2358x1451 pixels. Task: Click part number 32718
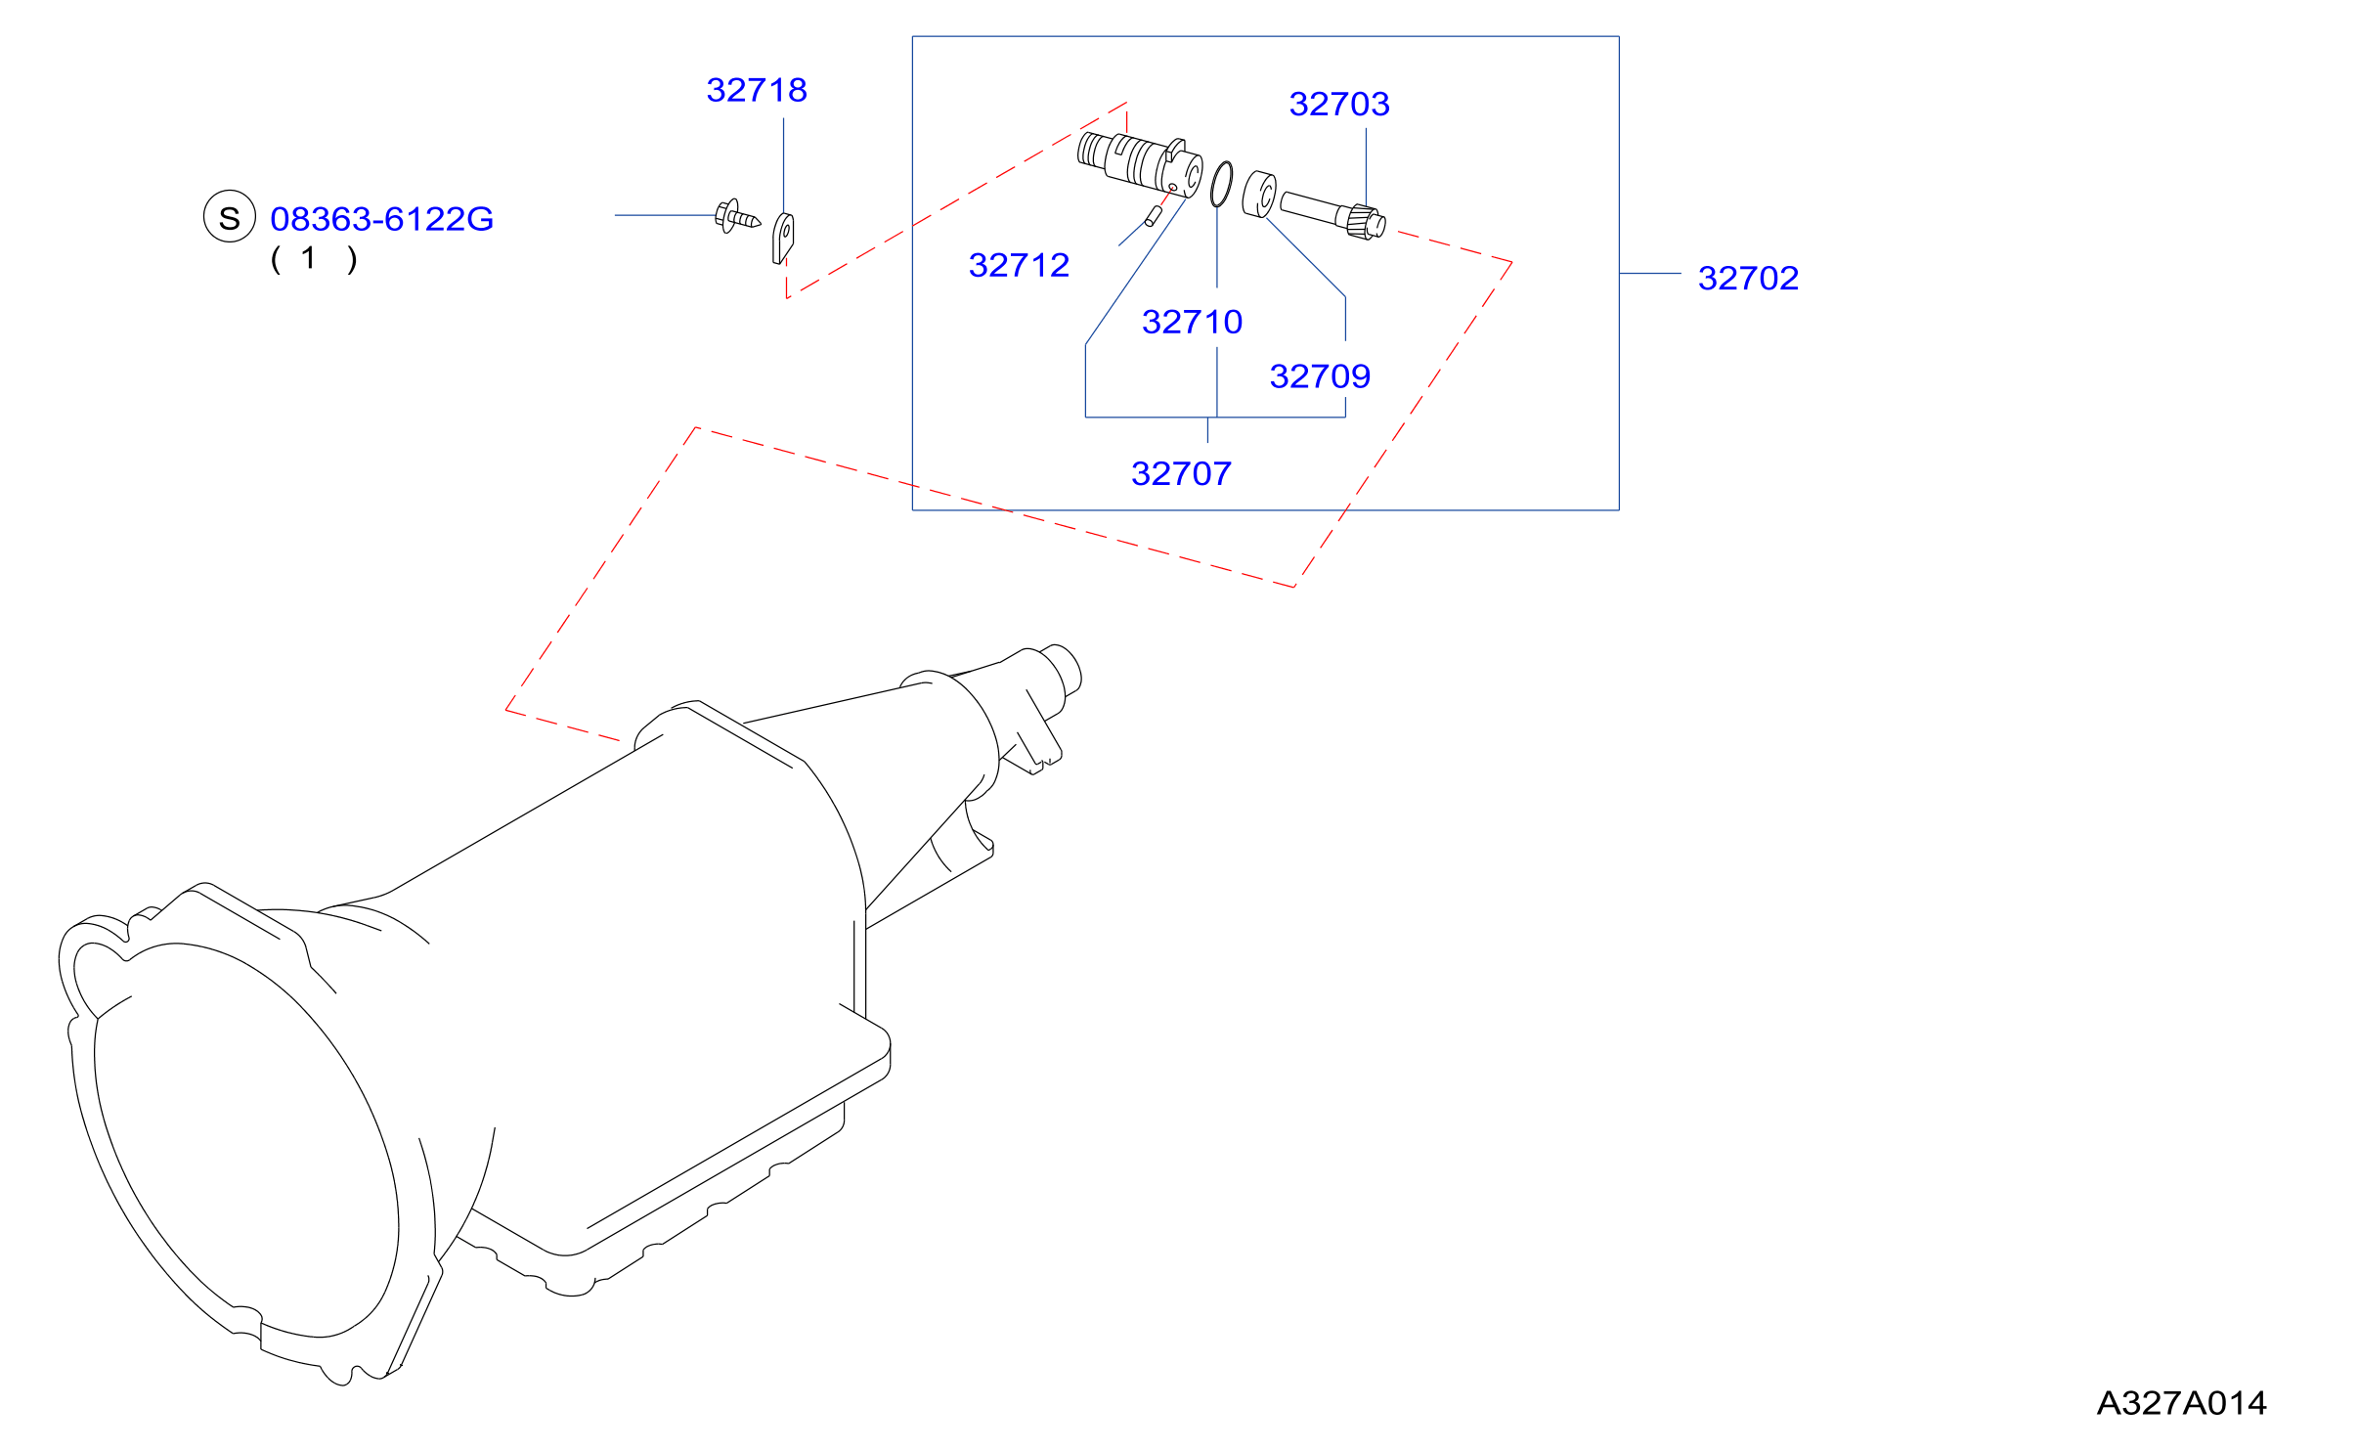[757, 90]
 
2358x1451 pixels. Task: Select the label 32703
[1339, 104]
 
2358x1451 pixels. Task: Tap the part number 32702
[1748, 278]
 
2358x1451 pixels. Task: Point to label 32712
[1019, 265]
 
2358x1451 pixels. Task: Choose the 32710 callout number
[1192, 322]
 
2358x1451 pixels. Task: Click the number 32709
[1320, 376]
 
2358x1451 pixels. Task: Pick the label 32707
[1181, 473]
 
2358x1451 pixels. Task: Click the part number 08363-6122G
[381, 219]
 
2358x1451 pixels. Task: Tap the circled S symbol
[229, 216]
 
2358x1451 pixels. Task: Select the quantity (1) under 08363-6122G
[314, 259]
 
